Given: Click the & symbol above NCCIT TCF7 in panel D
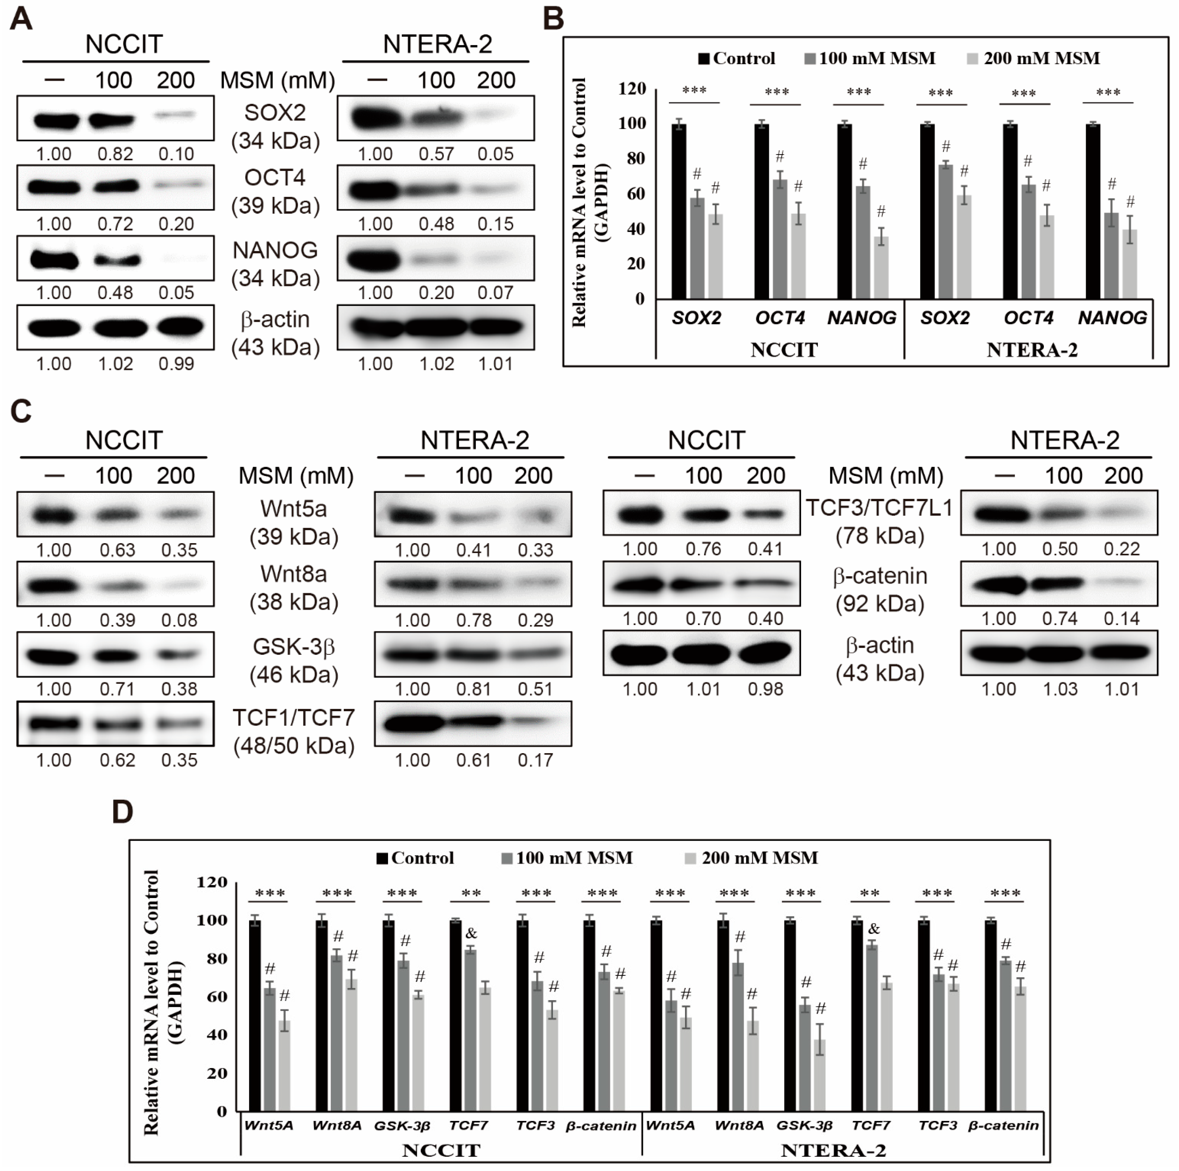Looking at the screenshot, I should tap(471, 933).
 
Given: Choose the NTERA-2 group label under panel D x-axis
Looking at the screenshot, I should tap(833, 1150).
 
